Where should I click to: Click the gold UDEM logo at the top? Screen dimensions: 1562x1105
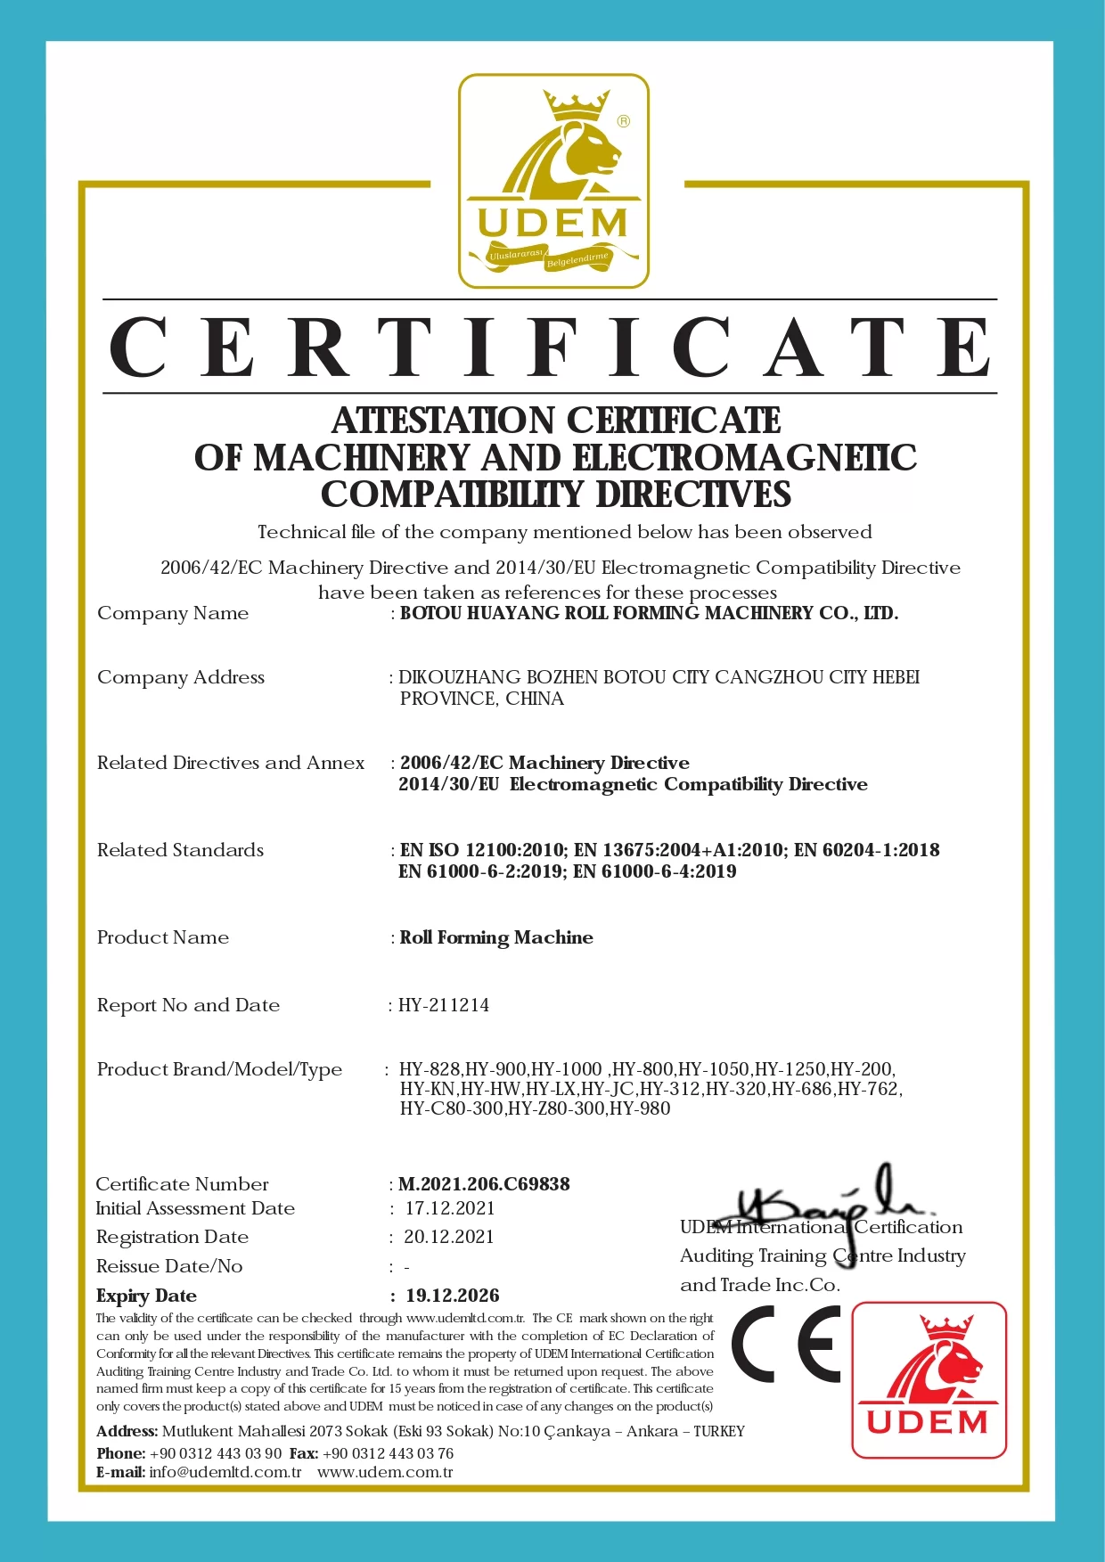553,182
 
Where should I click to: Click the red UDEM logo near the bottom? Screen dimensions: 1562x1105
929,1379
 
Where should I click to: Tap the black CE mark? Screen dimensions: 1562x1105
786,1344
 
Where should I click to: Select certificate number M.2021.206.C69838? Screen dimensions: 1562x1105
484,1184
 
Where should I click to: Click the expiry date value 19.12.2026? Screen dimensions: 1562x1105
453,1296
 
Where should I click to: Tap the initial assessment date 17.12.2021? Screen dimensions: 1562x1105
450,1208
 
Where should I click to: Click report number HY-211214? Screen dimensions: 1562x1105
444,1005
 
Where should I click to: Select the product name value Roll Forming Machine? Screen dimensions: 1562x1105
496,937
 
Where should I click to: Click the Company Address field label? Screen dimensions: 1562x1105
181,677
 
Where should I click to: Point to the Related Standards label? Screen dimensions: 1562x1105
180,850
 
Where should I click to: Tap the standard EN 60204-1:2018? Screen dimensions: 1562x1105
866,850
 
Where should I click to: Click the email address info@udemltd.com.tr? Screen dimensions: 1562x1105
225,1472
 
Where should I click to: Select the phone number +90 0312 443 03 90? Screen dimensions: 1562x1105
216,1453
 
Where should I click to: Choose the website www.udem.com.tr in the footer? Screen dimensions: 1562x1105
385,1472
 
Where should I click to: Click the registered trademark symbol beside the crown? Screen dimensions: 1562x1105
624,121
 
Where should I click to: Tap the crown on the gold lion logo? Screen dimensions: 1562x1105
576,105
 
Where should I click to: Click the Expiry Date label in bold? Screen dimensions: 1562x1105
146,1296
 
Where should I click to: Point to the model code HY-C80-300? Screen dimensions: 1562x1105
451,1108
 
